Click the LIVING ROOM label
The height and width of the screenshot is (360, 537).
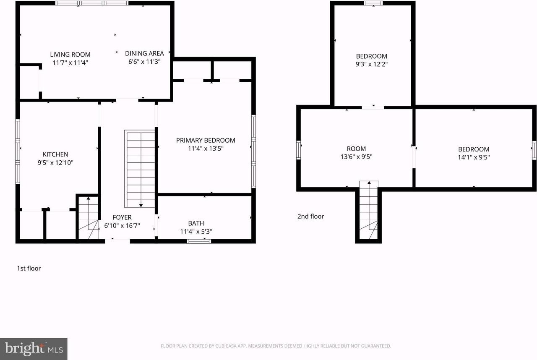coord(70,55)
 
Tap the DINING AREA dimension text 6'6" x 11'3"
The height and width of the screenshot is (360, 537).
coord(144,62)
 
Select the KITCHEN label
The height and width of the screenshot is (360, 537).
coord(55,154)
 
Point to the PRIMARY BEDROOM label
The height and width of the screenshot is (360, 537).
coord(206,140)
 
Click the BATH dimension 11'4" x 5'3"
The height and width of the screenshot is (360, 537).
coord(196,231)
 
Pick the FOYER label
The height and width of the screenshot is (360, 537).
coord(122,217)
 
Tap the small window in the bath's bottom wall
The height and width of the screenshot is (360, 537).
coord(199,241)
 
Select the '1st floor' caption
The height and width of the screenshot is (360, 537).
coord(29,268)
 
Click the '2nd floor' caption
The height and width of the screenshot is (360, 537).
coord(310,217)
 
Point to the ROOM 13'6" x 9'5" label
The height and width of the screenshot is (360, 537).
coord(356,149)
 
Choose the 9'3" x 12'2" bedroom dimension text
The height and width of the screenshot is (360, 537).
coord(371,65)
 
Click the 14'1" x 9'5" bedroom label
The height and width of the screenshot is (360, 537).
coord(473,149)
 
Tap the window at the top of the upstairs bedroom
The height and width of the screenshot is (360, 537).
coord(373,3)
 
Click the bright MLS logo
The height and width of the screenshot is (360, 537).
coord(34,349)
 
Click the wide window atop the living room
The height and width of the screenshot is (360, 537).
coord(92,3)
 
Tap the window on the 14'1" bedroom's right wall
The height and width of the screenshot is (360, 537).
coord(534,150)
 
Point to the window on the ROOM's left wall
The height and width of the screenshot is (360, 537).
coord(299,150)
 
